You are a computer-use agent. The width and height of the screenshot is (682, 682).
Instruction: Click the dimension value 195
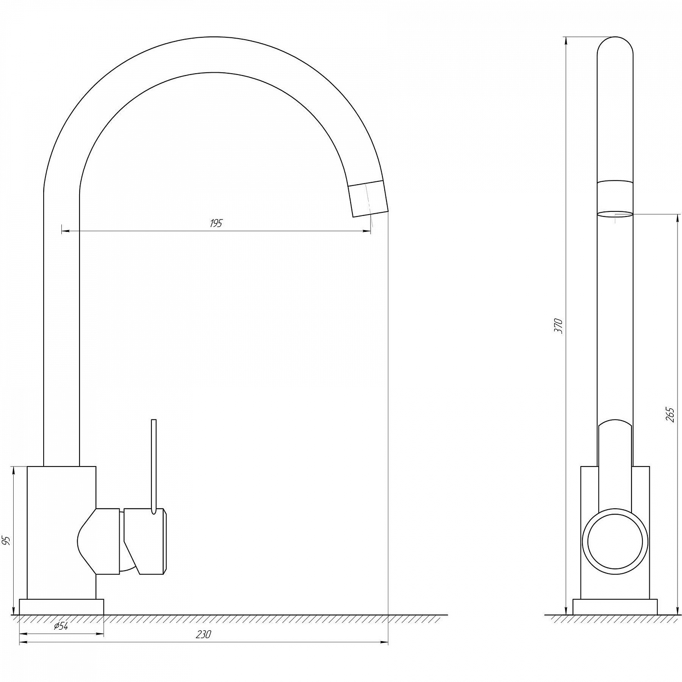[216, 223]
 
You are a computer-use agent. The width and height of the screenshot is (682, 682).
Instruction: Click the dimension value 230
[204, 635]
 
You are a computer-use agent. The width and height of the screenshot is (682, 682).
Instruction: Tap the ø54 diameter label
[61, 626]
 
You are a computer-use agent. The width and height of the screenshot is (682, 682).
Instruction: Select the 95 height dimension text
[6, 541]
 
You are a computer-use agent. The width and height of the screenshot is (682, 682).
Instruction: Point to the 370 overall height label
[559, 326]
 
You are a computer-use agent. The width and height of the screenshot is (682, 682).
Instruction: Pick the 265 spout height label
[670, 415]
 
